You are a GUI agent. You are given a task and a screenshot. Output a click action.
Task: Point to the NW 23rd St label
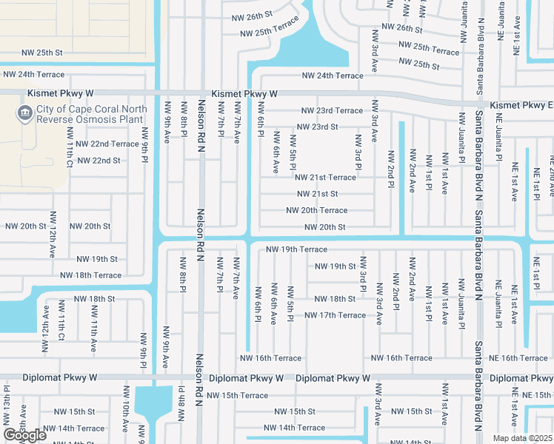point(317,127)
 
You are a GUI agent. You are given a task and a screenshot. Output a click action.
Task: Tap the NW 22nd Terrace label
point(107,144)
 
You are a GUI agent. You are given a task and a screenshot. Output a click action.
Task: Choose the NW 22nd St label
point(99,160)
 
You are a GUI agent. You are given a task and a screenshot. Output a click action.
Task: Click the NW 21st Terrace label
point(325,178)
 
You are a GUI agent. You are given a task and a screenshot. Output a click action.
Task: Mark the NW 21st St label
point(317,194)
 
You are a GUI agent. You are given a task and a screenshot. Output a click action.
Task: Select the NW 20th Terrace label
point(316,210)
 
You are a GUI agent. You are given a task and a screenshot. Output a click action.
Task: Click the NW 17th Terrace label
point(336,315)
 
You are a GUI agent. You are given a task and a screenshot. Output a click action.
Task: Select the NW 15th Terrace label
point(238,396)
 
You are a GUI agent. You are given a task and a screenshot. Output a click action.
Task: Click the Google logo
point(24,435)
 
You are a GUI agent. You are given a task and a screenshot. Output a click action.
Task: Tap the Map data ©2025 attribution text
point(522,438)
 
